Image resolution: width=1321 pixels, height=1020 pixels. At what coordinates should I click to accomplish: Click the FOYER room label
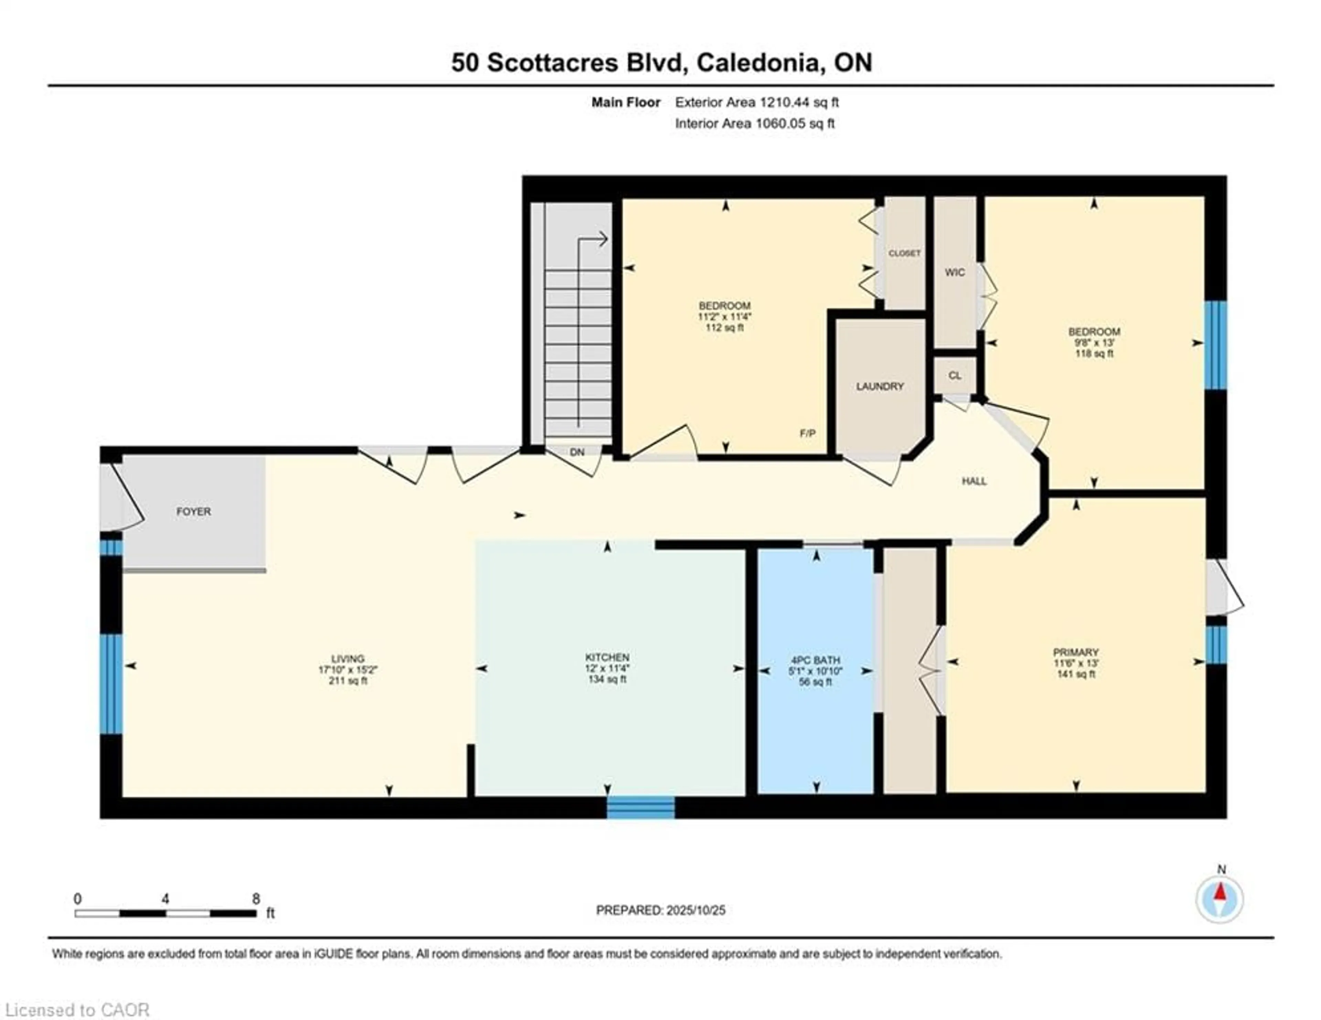pyautogui.click(x=194, y=512)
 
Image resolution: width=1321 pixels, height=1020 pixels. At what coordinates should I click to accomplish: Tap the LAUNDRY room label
pyautogui.click(x=879, y=386)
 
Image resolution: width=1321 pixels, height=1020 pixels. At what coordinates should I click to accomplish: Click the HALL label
pyautogui.click(x=974, y=481)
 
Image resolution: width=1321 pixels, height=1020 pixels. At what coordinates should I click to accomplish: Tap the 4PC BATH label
pyautogui.click(x=815, y=660)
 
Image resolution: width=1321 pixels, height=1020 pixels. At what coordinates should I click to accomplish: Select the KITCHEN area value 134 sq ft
pyautogui.click(x=607, y=679)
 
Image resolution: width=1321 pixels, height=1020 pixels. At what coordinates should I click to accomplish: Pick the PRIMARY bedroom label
pyautogui.click(x=1075, y=652)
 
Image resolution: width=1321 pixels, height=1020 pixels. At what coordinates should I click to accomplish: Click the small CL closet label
pyautogui.click(x=955, y=376)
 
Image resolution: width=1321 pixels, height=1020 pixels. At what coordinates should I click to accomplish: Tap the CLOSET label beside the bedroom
pyautogui.click(x=904, y=254)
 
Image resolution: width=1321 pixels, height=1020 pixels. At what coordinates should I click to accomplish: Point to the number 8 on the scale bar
pyautogui.click(x=256, y=899)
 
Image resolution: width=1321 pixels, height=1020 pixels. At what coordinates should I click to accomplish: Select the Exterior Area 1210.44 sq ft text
pyautogui.click(x=757, y=102)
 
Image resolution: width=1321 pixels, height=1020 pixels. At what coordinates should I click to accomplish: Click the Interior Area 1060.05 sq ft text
pyautogui.click(x=755, y=124)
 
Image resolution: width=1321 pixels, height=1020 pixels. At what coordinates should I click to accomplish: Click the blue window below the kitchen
pyautogui.click(x=641, y=808)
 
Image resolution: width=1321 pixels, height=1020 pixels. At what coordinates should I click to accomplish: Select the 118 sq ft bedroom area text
pyautogui.click(x=1094, y=353)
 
